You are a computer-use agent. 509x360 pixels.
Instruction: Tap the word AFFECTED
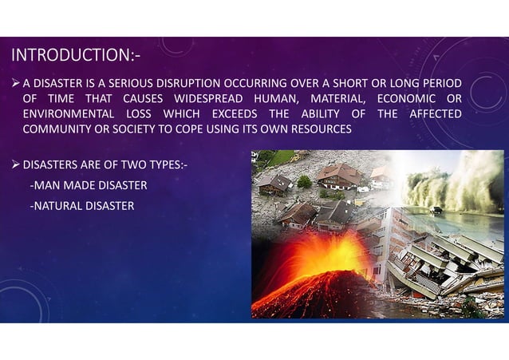pos(434,113)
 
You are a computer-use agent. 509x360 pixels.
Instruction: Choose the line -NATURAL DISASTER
pos(81,206)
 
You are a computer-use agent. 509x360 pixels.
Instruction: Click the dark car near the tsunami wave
pos(437,210)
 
